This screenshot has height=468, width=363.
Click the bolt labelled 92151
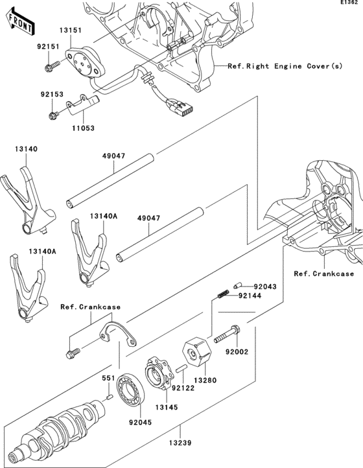pyautogui.click(x=50, y=67)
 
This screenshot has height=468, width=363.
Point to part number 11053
pyautogui.click(x=83, y=128)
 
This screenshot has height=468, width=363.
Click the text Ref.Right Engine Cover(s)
pyautogui.click(x=285, y=66)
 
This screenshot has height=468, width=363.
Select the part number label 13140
pyautogui.click(x=26, y=148)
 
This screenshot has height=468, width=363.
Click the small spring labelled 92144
pyautogui.click(x=222, y=296)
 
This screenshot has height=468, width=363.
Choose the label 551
pyautogui.click(x=108, y=377)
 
